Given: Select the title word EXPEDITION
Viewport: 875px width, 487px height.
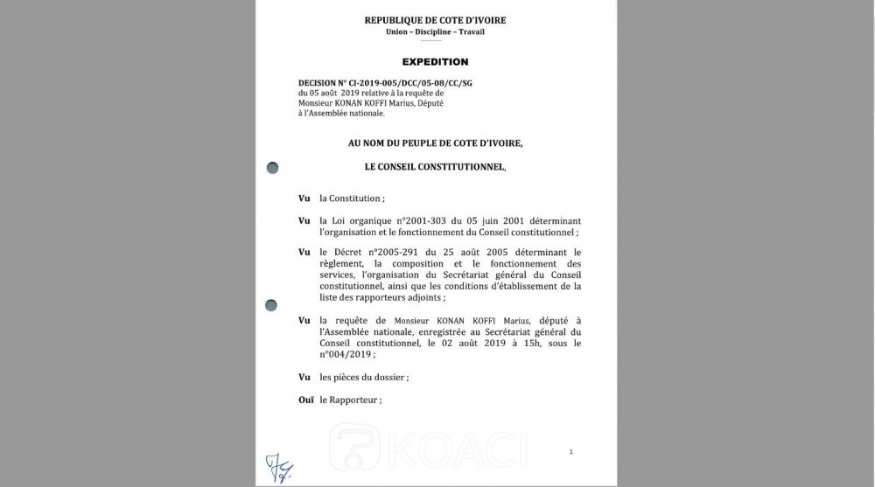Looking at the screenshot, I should (435, 62).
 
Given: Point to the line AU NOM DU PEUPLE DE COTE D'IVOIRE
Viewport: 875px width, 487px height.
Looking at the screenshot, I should (435, 142).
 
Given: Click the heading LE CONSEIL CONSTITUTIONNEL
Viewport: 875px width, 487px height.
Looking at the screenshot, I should (435, 166).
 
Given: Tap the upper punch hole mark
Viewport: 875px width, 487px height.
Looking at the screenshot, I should (271, 166).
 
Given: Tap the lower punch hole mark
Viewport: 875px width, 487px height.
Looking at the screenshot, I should (271, 304).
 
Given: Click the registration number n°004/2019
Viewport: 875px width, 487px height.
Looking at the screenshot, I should (347, 355).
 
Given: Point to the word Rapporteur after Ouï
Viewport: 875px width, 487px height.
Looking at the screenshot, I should (353, 400).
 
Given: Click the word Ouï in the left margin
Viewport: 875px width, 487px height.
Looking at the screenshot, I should (305, 400).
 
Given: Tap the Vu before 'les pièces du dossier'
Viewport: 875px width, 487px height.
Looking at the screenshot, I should (304, 377).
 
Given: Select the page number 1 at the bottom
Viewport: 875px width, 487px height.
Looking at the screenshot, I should (570, 452).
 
